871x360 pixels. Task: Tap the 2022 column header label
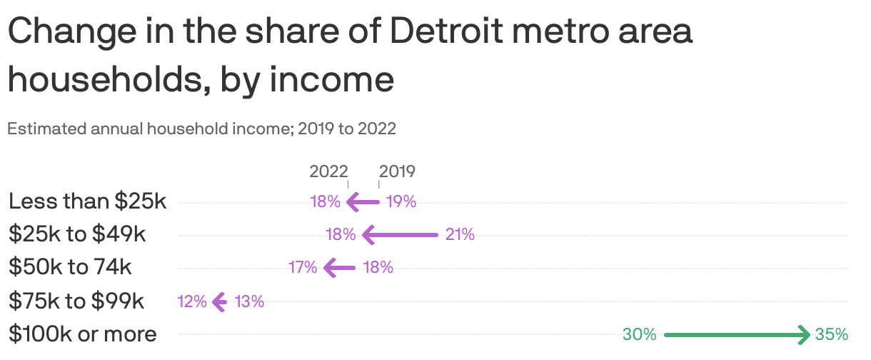(x=328, y=171)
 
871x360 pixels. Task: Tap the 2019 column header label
(x=397, y=171)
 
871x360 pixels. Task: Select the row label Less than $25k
(x=87, y=201)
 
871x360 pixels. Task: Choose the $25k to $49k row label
(x=77, y=234)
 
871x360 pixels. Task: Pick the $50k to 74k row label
(x=70, y=267)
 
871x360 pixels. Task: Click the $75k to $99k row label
(x=76, y=301)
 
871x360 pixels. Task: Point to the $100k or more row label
(x=82, y=334)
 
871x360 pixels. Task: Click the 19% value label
(x=401, y=202)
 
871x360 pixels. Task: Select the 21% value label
(x=460, y=234)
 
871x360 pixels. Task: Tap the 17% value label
(x=303, y=268)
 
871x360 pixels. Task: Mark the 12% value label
(x=192, y=301)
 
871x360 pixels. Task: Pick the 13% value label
(x=249, y=301)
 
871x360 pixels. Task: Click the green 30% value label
(x=639, y=334)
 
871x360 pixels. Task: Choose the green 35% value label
(x=831, y=334)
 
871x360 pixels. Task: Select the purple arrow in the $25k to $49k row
(x=400, y=234)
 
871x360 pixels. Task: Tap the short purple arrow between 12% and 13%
(x=220, y=301)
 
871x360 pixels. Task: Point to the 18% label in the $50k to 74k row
(x=378, y=268)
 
